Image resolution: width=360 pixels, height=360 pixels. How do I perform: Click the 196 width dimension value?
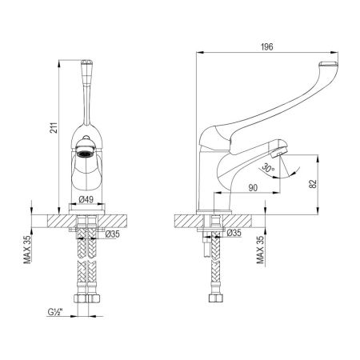[x=267, y=47]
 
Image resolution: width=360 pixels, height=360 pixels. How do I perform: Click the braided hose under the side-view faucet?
[x=214, y=268]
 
